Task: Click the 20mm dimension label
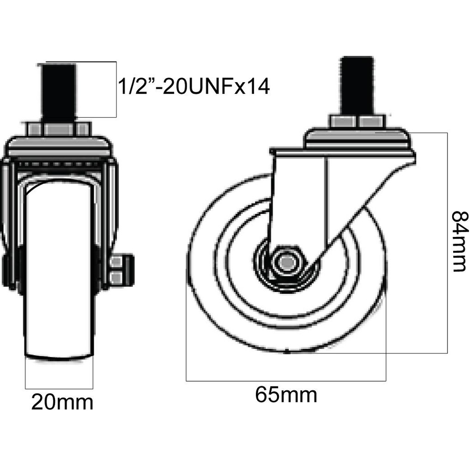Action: (62, 402)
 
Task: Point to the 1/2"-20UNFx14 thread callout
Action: (194, 87)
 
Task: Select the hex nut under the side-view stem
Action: (358, 121)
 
